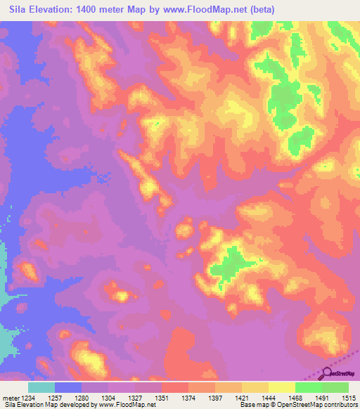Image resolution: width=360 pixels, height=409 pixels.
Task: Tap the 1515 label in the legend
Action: point(349,397)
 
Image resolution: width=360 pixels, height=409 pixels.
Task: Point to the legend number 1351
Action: point(161,397)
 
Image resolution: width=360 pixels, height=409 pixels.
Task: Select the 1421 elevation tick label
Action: point(242,397)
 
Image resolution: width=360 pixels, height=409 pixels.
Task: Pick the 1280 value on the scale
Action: point(82,397)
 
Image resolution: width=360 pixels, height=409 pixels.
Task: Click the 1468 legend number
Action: point(295,397)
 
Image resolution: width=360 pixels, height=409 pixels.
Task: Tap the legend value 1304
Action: point(108,397)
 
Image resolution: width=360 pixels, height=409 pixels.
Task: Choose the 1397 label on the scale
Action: point(215,397)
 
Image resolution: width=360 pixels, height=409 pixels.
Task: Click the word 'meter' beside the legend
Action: point(10,397)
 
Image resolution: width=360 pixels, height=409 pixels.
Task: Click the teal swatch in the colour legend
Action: point(41,387)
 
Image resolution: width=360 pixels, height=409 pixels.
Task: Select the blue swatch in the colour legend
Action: point(68,387)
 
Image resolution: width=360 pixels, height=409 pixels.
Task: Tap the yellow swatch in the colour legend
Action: point(281,387)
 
